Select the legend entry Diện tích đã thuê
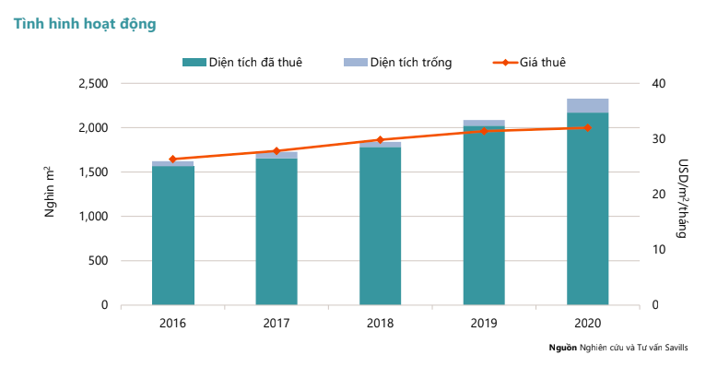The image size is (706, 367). coord(241,62)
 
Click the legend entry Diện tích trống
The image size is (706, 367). coord(396,62)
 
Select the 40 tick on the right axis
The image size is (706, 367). coord(658,84)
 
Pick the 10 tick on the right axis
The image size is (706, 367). coord(658,250)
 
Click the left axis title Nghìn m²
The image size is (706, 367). coord(51,194)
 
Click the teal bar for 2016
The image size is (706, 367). coord(173,235)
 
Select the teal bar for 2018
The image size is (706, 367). coord(381,226)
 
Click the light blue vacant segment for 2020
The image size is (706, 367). coord(587,105)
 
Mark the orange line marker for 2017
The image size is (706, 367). coord(277,151)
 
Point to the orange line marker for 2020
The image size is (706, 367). coord(587,127)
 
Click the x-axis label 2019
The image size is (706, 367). coord(484,323)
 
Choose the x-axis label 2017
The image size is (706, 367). coord(277,323)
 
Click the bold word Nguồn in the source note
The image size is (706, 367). coord(562,348)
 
